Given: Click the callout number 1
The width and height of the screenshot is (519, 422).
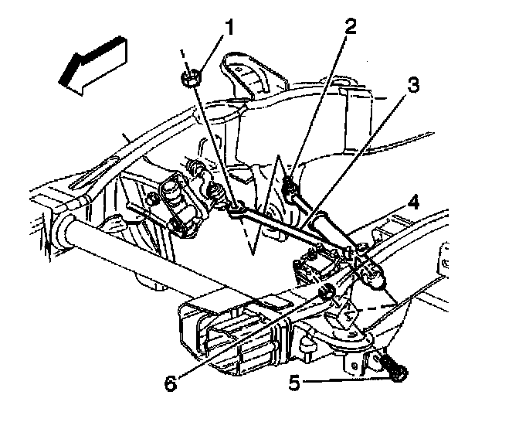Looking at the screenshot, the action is point(228,27).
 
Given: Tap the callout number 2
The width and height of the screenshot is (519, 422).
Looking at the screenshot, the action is point(350,26).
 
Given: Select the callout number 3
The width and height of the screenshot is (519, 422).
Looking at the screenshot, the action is point(412,85).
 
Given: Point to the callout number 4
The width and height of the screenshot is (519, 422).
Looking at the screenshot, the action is point(413,202).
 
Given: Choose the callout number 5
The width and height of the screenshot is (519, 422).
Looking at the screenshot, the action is point(294,383).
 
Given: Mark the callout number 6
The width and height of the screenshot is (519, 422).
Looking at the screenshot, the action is point(171,383).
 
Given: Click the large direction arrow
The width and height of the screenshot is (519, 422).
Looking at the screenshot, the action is point(93,66).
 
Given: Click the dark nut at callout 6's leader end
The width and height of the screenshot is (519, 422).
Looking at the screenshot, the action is point(325,291).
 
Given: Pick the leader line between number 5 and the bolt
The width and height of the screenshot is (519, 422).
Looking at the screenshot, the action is point(346,380).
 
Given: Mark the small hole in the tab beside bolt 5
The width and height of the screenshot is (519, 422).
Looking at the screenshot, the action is point(354,366).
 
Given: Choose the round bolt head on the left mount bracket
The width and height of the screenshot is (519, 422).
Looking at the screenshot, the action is point(153,199).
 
